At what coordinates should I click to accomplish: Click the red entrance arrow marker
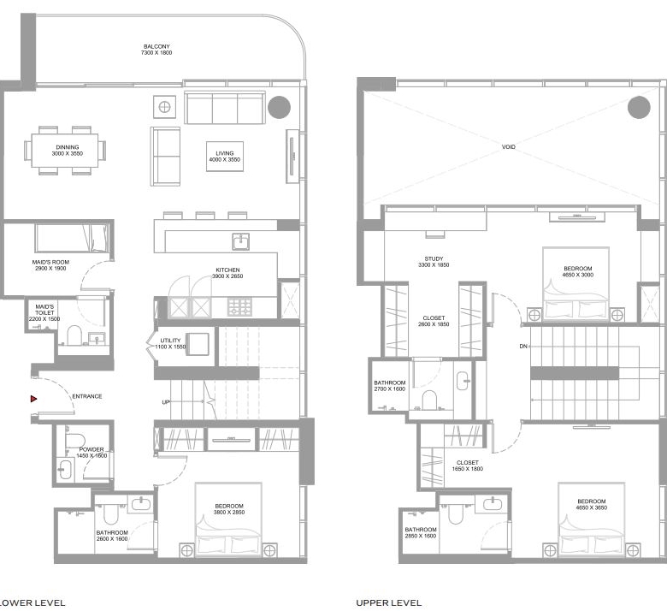(33, 399)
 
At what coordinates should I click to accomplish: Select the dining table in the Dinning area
(65, 151)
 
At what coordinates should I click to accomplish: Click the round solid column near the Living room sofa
(279, 107)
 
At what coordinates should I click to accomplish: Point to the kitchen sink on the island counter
(241, 241)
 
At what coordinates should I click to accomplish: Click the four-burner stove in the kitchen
(240, 307)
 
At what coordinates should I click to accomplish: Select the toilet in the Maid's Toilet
(74, 335)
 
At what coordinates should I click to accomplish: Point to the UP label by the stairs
(166, 402)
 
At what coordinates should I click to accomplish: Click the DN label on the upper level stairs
(523, 347)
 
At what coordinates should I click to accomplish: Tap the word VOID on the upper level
(508, 147)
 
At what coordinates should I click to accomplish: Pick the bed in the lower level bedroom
(228, 519)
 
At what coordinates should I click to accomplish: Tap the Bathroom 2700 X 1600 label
(390, 386)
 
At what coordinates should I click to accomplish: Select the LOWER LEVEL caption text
(32, 603)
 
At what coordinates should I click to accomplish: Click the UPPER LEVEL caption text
(389, 603)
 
